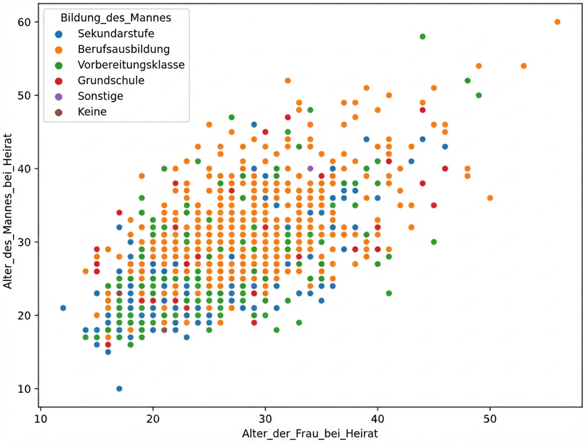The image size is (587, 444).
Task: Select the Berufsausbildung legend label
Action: point(123,50)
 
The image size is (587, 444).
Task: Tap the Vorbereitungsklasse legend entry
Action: point(131,65)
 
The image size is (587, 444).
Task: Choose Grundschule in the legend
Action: point(111,80)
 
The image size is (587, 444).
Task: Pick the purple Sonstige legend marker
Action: point(59,96)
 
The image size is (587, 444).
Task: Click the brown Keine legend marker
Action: point(59,112)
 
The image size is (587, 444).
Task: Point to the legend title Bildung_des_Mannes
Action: point(116,18)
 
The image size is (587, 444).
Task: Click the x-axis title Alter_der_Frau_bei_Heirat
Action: point(310,434)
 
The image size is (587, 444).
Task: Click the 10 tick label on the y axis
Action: point(25,389)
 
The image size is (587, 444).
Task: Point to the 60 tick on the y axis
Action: point(25,22)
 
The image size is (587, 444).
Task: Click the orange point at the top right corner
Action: point(557,22)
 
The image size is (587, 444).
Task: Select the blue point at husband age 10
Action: point(119,388)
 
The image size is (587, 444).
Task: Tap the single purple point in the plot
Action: point(310,168)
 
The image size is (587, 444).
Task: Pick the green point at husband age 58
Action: point(422,37)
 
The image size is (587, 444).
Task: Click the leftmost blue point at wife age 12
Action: point(63,308)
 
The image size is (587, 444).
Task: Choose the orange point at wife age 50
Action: point(490,198)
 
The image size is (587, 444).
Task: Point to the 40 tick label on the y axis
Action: point(25,169)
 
